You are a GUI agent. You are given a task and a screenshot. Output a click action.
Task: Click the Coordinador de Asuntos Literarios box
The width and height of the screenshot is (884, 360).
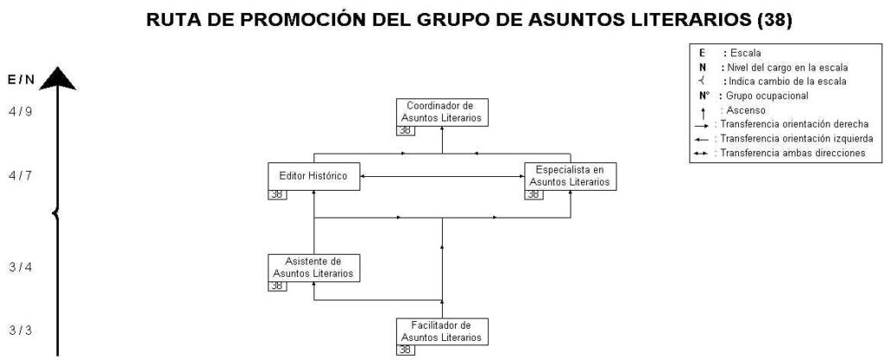442,112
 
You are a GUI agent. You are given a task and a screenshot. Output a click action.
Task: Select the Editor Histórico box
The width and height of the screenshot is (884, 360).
314,176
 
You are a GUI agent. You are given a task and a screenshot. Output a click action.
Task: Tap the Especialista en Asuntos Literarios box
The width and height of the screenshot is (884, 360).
571,176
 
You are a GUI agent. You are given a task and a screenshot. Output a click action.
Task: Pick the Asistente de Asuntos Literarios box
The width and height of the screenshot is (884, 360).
314,268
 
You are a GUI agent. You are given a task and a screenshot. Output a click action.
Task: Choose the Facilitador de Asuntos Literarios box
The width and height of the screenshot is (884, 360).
442,332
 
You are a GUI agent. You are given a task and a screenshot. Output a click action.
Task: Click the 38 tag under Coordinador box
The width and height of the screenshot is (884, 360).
406,130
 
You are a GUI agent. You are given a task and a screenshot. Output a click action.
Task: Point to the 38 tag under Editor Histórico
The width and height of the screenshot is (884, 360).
277,195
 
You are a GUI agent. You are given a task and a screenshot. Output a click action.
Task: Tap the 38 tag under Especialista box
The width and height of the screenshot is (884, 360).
534,195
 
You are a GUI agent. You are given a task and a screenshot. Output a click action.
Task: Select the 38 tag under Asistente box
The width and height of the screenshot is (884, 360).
277,287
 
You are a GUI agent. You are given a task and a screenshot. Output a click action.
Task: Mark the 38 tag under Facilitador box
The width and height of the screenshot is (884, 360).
406,351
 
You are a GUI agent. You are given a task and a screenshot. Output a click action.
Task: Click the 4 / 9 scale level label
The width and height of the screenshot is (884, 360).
21,111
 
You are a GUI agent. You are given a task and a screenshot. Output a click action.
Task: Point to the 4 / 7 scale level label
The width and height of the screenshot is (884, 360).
21,176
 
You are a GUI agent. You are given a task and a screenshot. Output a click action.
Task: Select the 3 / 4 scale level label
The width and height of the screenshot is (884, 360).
21,267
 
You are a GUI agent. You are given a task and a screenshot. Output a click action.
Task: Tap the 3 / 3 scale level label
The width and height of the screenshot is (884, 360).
21,330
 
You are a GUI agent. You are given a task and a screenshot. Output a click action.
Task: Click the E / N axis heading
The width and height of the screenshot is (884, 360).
21,80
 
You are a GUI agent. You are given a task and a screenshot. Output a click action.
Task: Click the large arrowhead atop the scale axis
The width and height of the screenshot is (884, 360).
57,79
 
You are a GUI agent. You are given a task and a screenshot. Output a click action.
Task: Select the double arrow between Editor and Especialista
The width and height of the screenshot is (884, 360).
443,177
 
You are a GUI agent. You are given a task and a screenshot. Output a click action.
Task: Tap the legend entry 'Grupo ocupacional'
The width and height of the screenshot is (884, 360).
767,96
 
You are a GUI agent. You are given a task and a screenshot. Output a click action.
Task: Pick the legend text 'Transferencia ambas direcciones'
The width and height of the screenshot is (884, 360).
793,154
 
